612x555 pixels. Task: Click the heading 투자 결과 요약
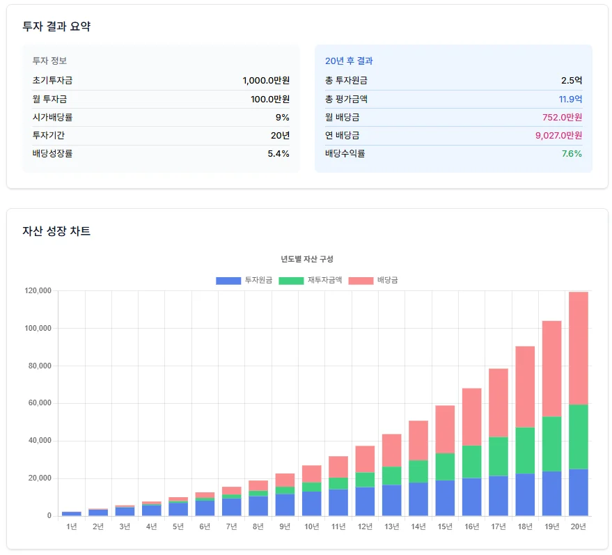[x=56, y=26]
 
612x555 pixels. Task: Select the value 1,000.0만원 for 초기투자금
[x=266, y=81]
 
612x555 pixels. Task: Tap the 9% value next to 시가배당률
[x=282, y=117]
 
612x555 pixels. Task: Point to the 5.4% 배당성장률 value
[x=278, y=153]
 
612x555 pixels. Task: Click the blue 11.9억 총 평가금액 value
[x=570, y=99]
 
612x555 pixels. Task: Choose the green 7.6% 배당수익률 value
[x=571, y=153]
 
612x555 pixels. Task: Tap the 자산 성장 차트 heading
[x=56, y=231]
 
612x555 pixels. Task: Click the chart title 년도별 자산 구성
[x=307, y=259]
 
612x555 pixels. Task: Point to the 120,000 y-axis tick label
[x=38, y=291]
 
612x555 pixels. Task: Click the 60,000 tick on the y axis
[x=40, y=403]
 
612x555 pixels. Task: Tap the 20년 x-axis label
[x=578, y=526]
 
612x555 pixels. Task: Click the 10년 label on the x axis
[x=311, y=526]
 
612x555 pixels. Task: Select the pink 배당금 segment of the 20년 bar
[x=578, y=348]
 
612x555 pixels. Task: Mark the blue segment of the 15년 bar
[x=445, y=497]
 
